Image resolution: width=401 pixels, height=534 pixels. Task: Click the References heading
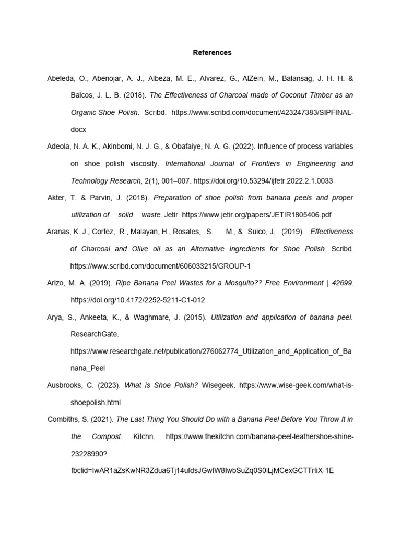(x=212, y=53)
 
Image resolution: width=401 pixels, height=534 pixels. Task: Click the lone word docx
(x=78, y=129)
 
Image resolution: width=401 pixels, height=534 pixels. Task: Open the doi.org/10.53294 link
(x=263, y=181)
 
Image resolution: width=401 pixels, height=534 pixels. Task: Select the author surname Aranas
(x=58, y=232)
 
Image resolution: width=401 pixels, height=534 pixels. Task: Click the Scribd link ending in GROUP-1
(x=160, y=266)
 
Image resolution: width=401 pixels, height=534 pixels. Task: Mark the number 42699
(x=341, y=283)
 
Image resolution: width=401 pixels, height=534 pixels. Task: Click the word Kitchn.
(x=144, y=436)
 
